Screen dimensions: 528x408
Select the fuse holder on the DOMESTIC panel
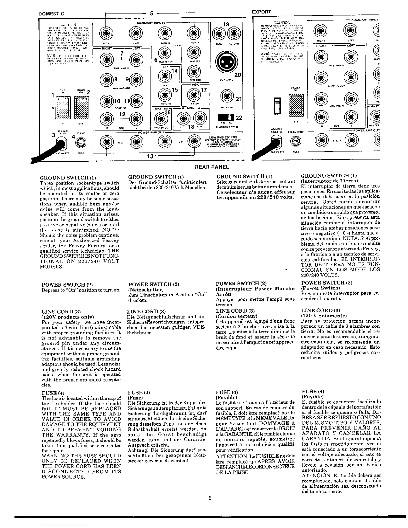[x=79, y=142]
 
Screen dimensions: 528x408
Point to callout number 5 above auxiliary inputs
[x=151, y=14]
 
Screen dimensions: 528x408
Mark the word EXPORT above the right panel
[x=262, y=12]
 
